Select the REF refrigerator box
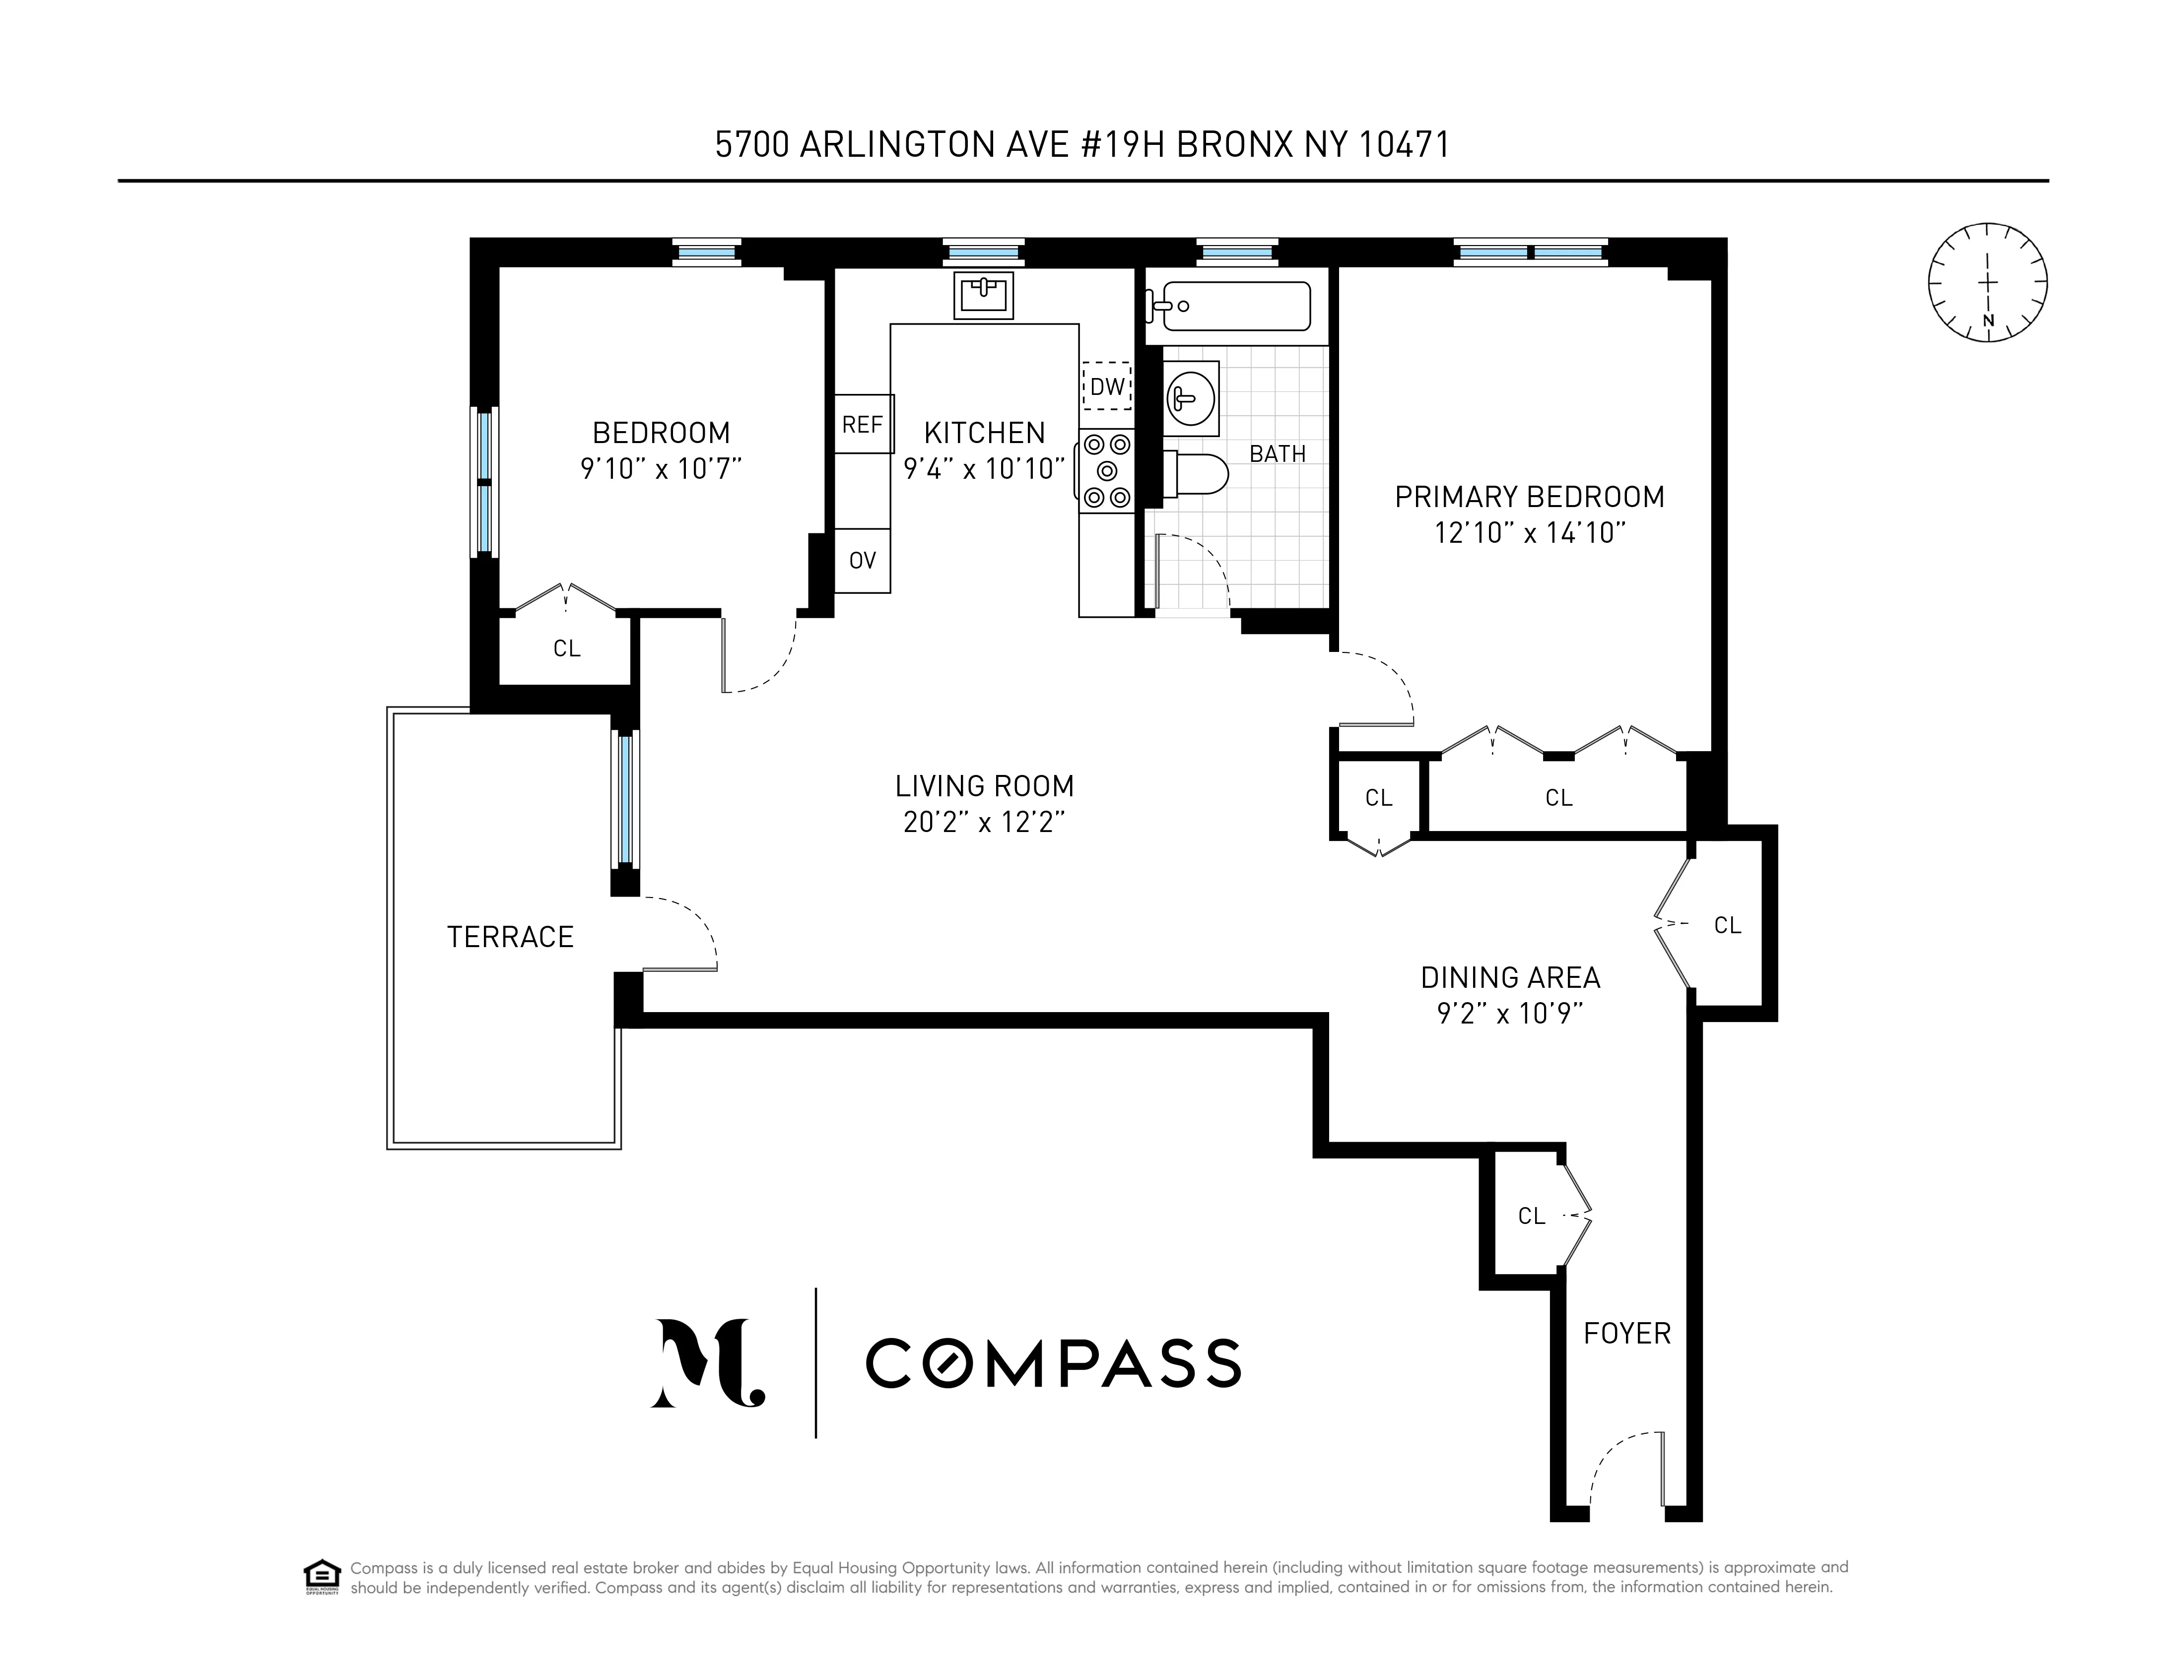862,425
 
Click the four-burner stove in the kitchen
1106,471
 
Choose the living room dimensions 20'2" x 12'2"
984,823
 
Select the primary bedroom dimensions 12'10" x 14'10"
1529,533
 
